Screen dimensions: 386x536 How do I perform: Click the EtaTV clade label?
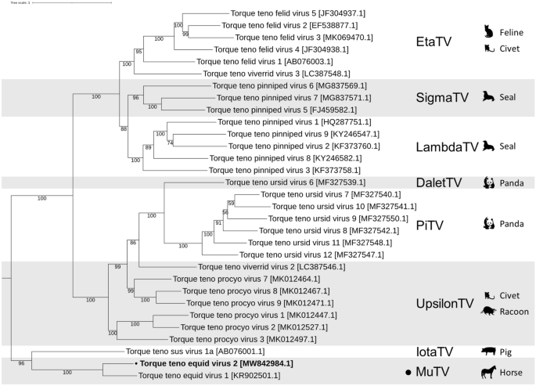(438, 42)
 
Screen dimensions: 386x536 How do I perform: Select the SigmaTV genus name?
(447, 98)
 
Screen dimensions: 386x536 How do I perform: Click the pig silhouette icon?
(490, 352)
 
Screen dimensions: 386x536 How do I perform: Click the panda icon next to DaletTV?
(489, 182)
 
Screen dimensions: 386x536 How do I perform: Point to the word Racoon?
(516, 312)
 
